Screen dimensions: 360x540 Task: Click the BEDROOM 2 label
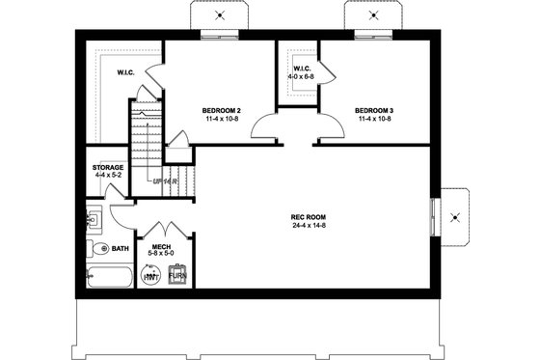coord(221,110)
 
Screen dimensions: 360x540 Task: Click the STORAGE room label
coord(107,167)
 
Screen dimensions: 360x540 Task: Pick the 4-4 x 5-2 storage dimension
coord(107,176)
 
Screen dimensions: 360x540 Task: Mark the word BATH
coord(120,249)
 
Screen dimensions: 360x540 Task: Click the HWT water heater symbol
coord(151,276)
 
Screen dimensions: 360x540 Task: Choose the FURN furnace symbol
coord(177,276)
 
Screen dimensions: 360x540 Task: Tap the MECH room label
coord(160,248)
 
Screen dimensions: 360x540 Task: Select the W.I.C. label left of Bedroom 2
coord(125,72)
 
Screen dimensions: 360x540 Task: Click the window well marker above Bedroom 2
coord(221,15)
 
